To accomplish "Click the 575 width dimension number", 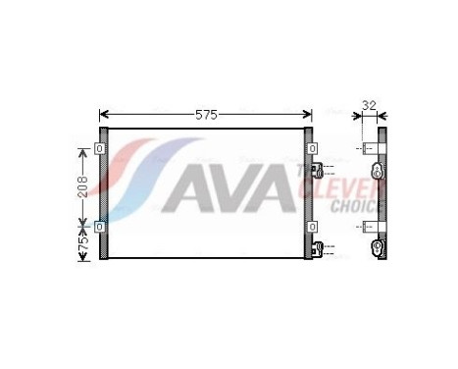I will [x=206, y=115].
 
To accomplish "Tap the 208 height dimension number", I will [x=82, y=186].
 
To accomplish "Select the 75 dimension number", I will [x=82, y=240].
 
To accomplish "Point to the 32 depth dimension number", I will [x=370, y=105].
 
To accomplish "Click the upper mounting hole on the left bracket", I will [x=100, y=149].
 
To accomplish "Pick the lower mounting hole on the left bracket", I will [x=100, y=225].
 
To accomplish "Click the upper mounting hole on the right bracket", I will [x=311, y=149].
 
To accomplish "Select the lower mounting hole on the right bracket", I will [x=311, y=225].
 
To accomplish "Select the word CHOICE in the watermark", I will [x=355, y=207].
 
